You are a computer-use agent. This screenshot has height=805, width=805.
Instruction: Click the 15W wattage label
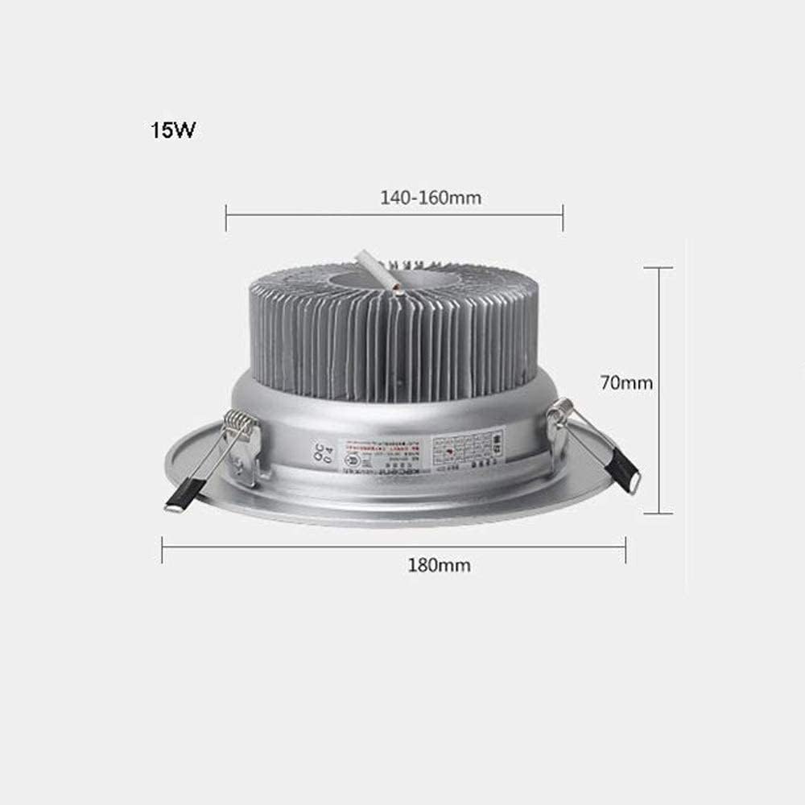[171, 130]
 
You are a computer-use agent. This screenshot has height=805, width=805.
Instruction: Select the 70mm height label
[625, 383]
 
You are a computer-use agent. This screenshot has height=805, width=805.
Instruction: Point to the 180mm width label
[440, 565]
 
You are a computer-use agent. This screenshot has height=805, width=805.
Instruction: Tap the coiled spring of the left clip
[237, 422]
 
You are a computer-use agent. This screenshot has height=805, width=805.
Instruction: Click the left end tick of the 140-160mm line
[226, 218]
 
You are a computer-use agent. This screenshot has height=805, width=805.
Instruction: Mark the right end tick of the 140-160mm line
[563, 218]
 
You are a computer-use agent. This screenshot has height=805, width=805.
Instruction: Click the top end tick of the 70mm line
[659, 269]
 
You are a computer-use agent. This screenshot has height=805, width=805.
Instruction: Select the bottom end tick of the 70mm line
[659, 513]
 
